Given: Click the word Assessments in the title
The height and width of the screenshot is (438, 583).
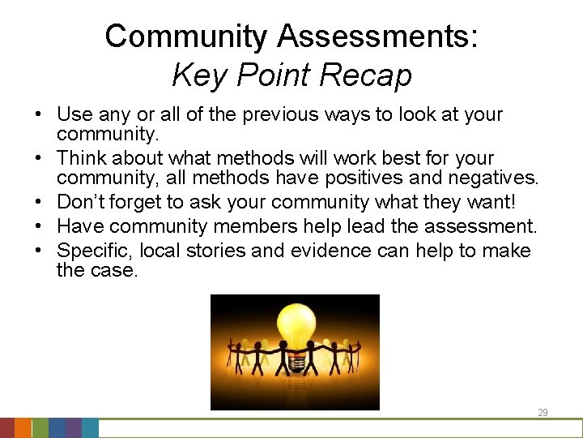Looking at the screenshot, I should [x=377, y=36].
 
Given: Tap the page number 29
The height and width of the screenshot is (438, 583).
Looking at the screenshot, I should [x=543, y=413].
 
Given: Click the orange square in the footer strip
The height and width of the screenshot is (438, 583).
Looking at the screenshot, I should [x=23, y=428].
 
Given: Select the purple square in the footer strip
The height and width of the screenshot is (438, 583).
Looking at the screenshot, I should [x=73, y=428].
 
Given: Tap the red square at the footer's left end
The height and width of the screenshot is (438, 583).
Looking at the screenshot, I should [x=6, y=428].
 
